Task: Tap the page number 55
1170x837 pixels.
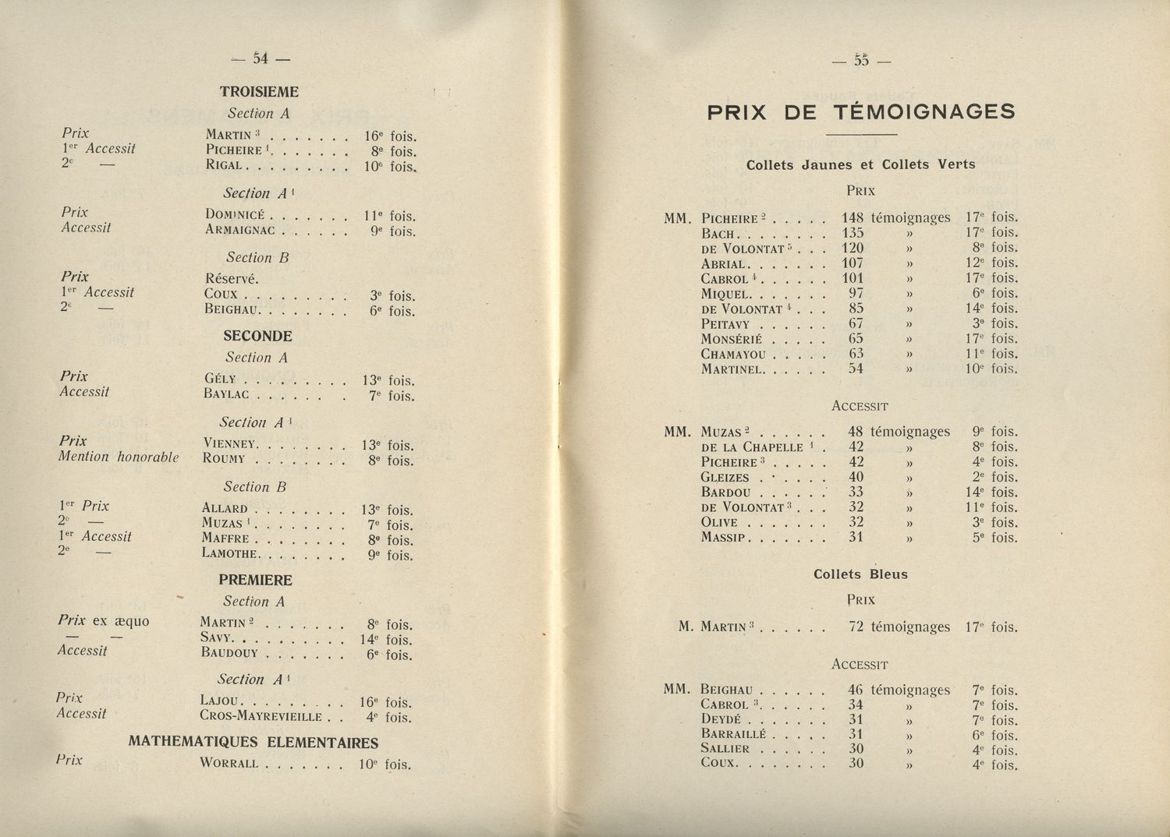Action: pos(861,60)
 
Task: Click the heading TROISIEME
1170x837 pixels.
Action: pos(259,92)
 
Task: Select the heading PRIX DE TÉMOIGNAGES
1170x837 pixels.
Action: pos(861,112)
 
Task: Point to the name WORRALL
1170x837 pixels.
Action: pos(229,763)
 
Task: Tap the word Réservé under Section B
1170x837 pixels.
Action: pos(232,278)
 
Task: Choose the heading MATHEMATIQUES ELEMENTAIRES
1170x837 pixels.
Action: pos(253,743)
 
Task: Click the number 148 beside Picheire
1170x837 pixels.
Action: pos(853,218)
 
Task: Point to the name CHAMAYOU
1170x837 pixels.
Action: pos(733,354)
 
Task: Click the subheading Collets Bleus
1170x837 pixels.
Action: pos(860,574)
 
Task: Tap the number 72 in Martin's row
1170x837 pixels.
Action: pos(856,627)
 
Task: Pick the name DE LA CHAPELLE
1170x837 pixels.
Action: pos(752,447)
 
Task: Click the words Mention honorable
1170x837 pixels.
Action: pos(119,457)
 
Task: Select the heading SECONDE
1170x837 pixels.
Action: pos(257,337)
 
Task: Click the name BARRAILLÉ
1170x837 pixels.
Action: pos(736,734)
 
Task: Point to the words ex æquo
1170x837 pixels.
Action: pos(120,621)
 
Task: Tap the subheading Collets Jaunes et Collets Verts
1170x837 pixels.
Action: pos(860,164)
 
